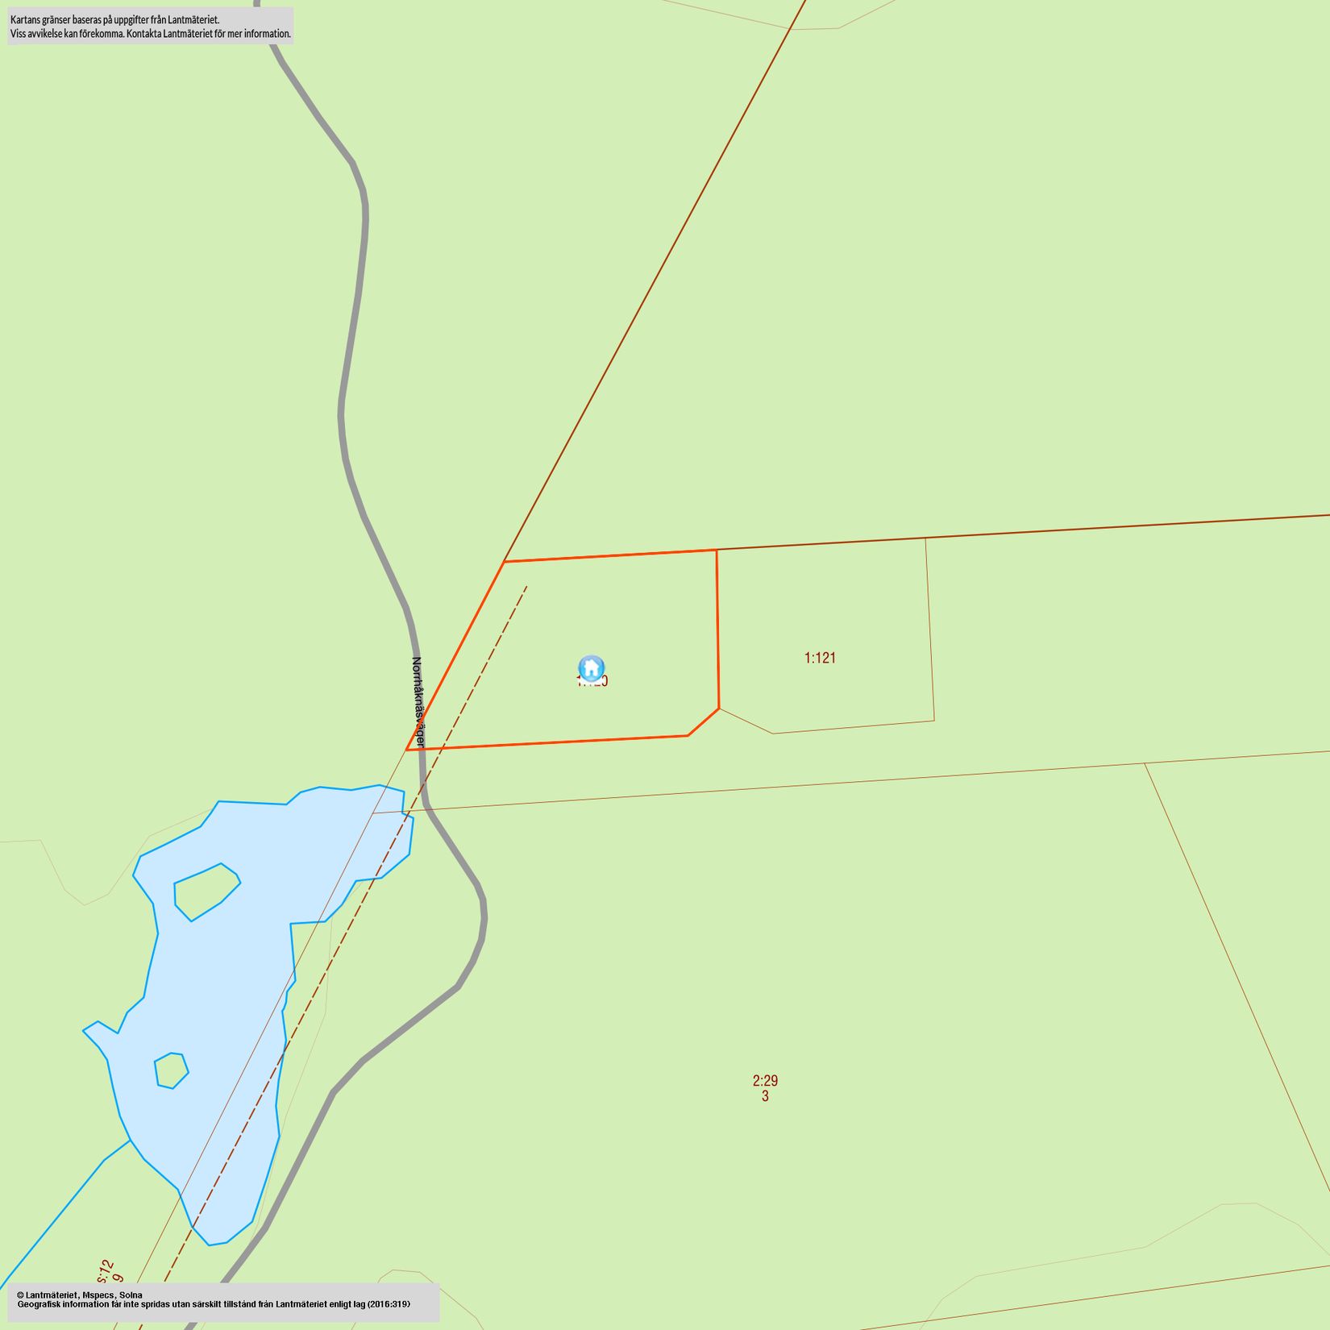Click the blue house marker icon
click(x=592, y=668)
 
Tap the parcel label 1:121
click(x=820, y=658)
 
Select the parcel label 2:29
click(x=765, y=1081)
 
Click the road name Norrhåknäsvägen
click(x=418, y=702)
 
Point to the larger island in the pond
click(x=206, y=891)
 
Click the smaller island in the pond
click(x=171, y=1070)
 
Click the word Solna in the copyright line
click(x=131, y=1295)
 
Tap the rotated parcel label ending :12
click(x=106, y=1272)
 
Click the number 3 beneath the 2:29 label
click(x=765, y=1096)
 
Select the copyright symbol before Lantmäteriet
click(x=20, y=1295)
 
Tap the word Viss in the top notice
click(x=18, y=34)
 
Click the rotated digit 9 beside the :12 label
click(x=118, y=1278)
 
